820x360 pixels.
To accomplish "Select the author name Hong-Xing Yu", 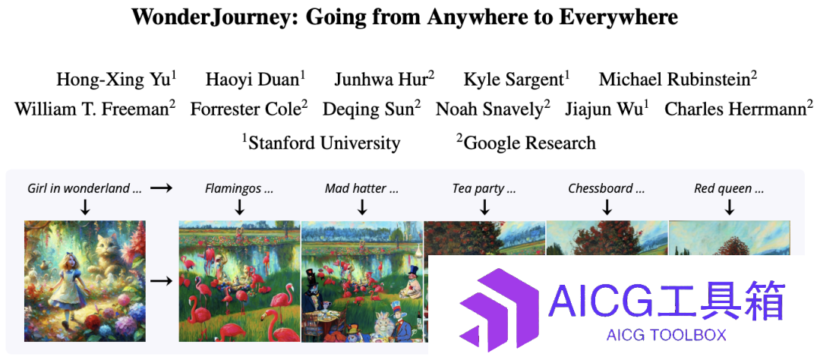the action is (x=116, y=79).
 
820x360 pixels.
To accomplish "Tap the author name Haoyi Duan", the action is (x=255, y=79).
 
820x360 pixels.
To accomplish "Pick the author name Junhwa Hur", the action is (x=384, y=79).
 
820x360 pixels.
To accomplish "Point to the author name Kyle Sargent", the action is (x=516, y=79).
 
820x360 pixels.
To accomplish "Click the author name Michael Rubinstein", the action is (x=678, y=79).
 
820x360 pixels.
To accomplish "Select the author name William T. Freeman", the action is (x=95, y=109).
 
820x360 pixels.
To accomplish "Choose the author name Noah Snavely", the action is (x=493, y=109).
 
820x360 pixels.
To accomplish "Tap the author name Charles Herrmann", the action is (x=739, y=109).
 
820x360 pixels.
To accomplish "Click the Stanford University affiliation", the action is (x=320, y=142).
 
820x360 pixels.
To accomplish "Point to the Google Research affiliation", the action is (x=525, y=142).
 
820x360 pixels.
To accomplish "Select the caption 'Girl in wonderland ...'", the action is (x=85, y=188).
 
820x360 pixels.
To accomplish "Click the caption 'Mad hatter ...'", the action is (x=361, y=188).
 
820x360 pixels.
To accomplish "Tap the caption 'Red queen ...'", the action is (x=729, y=188).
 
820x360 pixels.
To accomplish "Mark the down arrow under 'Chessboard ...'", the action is (x=607, y=208).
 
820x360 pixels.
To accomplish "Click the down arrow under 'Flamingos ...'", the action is (x=239, y=208).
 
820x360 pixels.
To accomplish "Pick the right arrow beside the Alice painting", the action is (x=161, y=281).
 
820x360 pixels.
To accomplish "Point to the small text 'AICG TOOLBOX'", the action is (x=667, y=335).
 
